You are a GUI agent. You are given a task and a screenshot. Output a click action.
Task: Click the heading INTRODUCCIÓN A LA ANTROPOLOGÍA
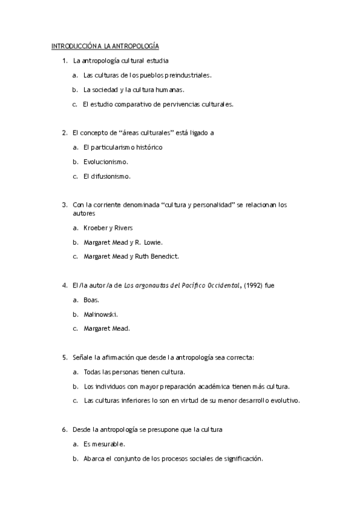(x=105, y=46)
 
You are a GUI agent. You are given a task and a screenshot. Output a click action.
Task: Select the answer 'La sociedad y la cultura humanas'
(x=133, y=90)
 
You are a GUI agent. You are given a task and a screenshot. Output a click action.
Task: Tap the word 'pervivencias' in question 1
(x=181, y=104)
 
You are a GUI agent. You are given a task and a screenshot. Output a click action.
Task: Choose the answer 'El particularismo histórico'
(x=123, y=147)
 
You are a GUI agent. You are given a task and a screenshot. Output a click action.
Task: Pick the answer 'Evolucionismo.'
(x=106, y=162)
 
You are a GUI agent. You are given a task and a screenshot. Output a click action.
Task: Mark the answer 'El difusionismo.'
(x=107, y=176)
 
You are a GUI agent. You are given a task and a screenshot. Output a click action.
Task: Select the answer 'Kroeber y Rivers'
(x=108, y=228)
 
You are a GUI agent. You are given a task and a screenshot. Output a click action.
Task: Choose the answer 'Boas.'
(x=91, y=300)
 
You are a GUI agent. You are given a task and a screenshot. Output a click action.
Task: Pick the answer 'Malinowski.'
(x=100, y=314)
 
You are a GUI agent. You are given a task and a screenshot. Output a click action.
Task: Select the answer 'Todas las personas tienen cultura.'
(x=134, y=372)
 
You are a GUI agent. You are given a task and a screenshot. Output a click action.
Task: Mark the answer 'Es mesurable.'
(x=104, y=444)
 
